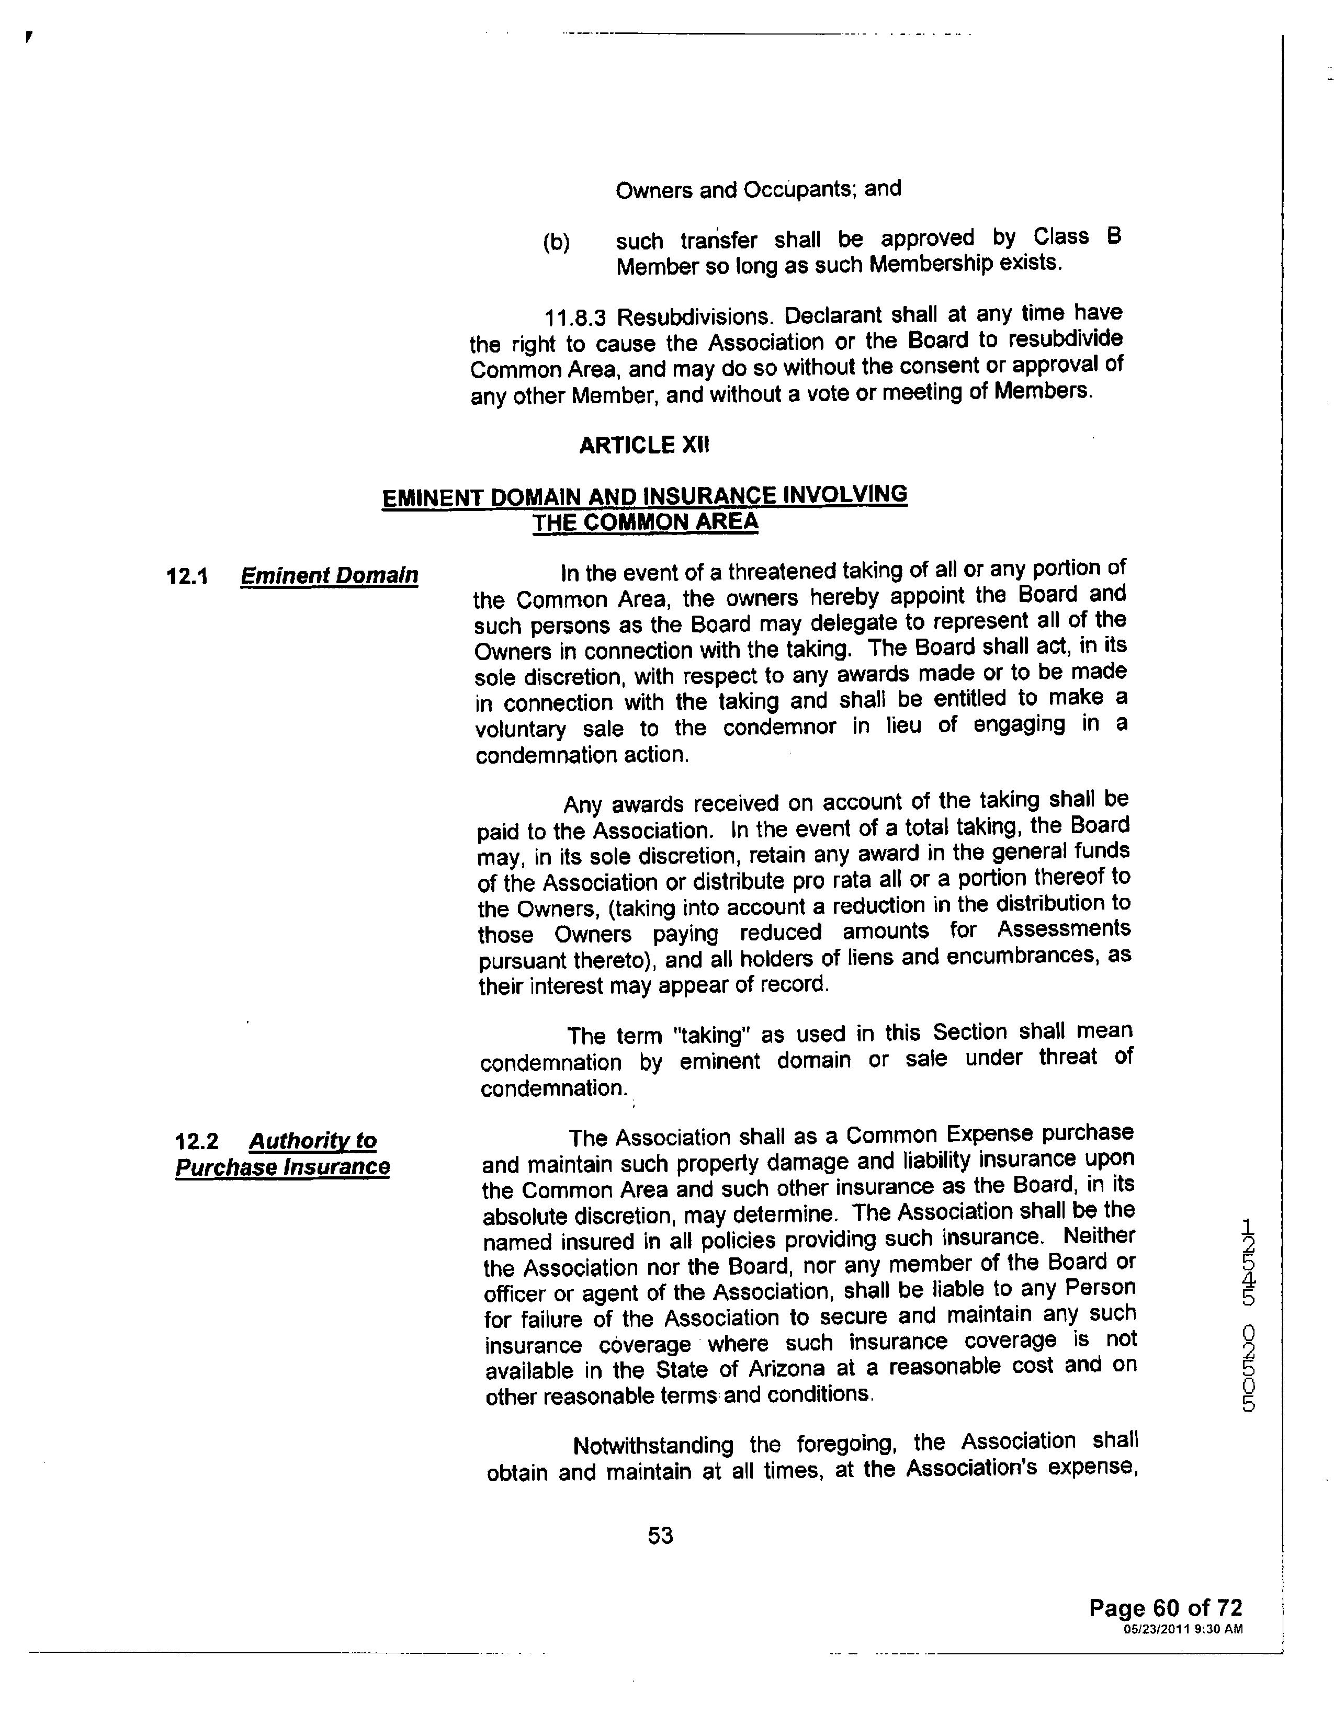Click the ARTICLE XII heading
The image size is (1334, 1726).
[644, 446]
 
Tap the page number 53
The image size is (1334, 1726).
[660, 1536]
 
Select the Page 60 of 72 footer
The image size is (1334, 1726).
[1166, 1608]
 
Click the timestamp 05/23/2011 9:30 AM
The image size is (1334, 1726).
[1183, 1629]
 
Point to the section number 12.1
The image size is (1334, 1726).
[187, 576]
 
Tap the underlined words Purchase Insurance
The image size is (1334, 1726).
[282, 1167]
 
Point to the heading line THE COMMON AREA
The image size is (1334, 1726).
[645, 523]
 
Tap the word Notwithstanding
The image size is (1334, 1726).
[653, 1446]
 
